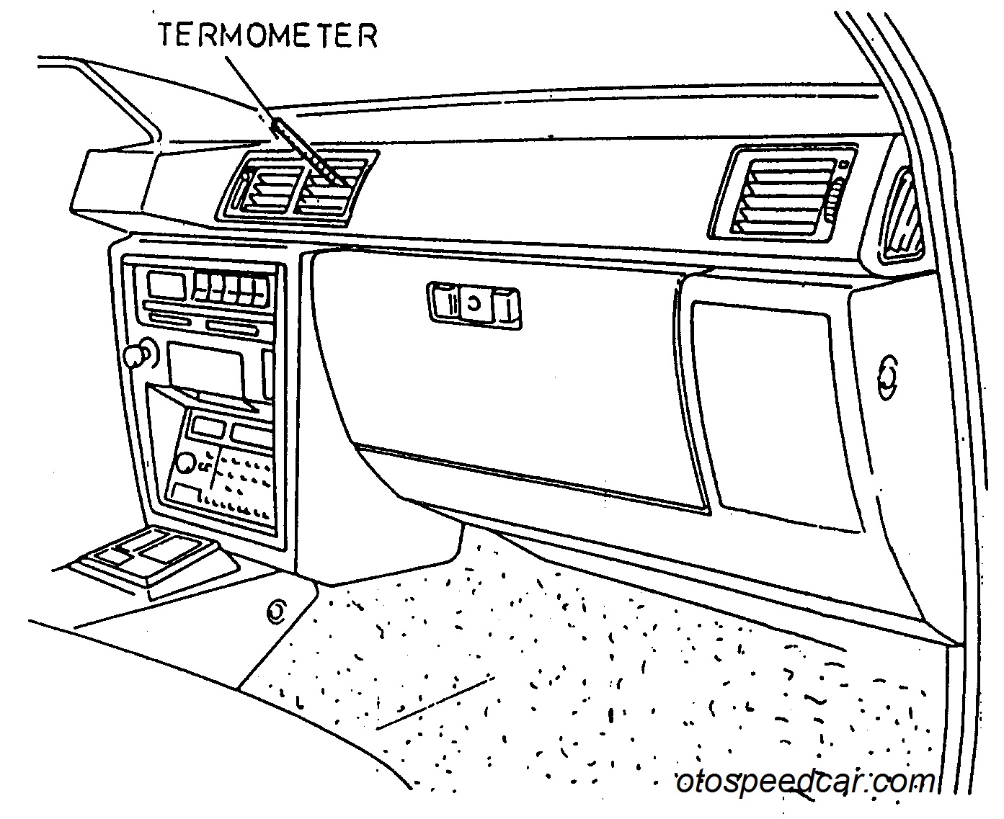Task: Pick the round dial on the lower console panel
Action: click(186, 463)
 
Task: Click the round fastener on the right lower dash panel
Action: click(887, 377)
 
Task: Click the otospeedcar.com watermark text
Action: click(805, 782)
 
